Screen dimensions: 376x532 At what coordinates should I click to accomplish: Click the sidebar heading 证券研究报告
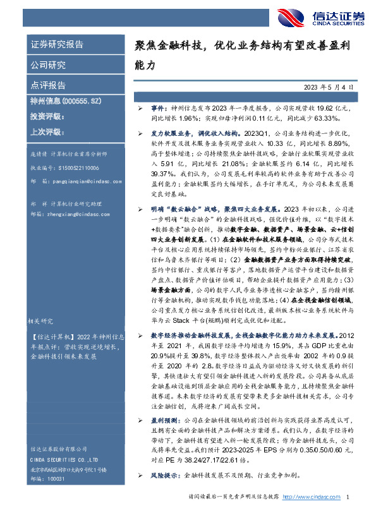click(57, 45)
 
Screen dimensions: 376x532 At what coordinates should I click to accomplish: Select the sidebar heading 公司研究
click(48, 64)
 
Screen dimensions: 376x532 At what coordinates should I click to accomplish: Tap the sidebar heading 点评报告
click(48, 85)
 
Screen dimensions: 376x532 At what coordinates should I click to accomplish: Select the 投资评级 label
click(48, 116)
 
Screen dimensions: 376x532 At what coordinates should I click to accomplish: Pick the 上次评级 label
click(48, 132)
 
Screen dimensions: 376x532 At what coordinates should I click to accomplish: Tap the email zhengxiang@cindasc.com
click(75, 214)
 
